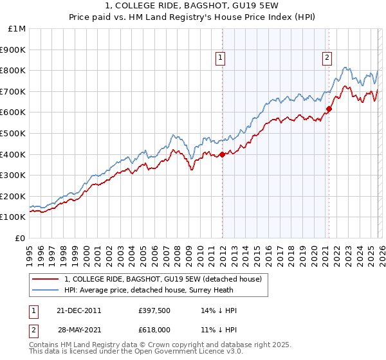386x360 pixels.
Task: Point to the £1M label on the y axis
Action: tap(17, 29)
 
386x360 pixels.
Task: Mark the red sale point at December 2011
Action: tap(222, 154)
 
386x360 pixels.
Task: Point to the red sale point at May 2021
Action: tap(329, 109)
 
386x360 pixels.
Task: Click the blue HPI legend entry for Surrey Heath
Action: tap(161, 290)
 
